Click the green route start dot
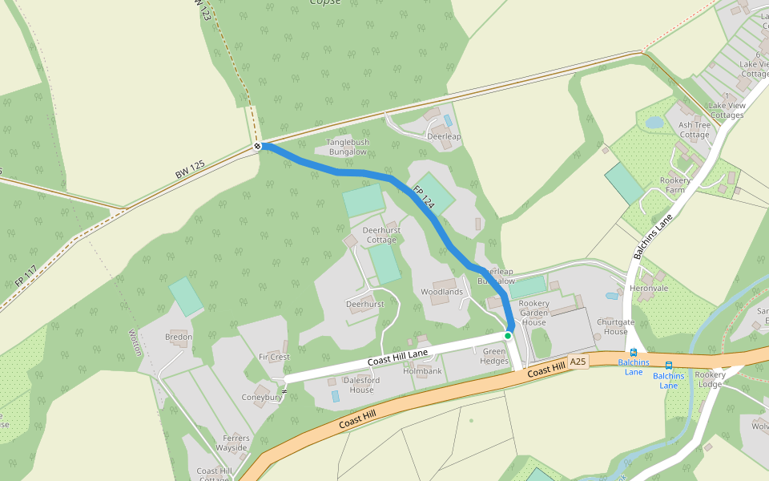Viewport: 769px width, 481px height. [508, 335]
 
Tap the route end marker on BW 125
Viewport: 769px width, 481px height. [258, 146]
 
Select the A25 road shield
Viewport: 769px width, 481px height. [578, 362]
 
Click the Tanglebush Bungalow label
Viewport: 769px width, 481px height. [347, 147]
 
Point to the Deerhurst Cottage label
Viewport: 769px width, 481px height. [381, 235]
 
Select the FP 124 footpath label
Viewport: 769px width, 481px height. [423, 198]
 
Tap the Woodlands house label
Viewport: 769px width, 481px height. [442, 292]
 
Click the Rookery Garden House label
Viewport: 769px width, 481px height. [534, 313]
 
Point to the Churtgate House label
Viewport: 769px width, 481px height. [615, 327]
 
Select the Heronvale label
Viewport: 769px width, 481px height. [649, 288]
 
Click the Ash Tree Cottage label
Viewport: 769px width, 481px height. [695, 130]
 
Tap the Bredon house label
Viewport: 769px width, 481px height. [179, 338]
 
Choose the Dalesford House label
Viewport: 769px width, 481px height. [361, 385]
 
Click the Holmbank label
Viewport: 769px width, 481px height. [422, 371]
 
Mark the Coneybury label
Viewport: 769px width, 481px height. [262, 397]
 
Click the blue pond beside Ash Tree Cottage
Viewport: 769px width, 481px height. [654, 123]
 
